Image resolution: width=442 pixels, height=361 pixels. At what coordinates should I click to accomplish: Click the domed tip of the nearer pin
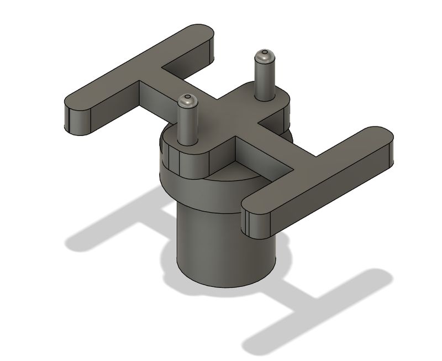pos(188,100)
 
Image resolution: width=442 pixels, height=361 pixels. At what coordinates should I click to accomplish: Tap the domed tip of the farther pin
pos(264,55)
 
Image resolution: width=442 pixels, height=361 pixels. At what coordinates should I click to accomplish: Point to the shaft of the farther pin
pos(264,77)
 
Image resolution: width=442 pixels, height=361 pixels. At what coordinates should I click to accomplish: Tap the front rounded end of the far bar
pos(77,119)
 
